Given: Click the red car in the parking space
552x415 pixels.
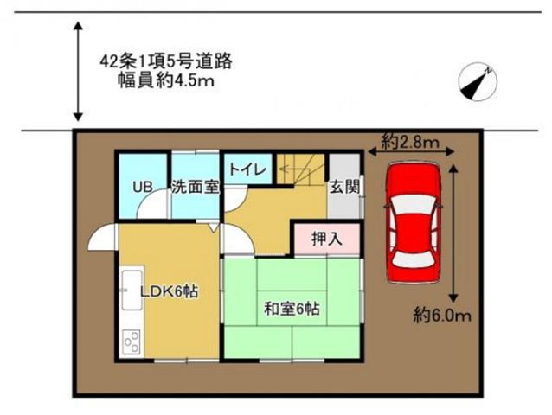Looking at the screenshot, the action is click(414, 223).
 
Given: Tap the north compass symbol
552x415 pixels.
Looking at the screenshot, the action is click(478, 82).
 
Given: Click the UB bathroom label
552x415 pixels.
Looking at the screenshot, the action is click(143, 187).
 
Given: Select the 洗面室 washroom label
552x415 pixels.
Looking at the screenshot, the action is click(196, 187).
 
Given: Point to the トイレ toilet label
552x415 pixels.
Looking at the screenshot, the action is click(247, 170).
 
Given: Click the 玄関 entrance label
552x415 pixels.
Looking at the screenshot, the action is click(344, 187).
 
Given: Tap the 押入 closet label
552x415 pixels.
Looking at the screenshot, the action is click(327, 239).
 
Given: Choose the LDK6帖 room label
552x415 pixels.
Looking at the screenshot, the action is click(170, 291).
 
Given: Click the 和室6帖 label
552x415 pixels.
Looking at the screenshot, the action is click(292, 310).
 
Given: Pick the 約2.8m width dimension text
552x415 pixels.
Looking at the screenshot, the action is click(410, 142).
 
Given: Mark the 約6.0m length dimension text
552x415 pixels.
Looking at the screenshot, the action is click(442, 316).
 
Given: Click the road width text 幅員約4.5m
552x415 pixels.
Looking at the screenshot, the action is click(166, 81).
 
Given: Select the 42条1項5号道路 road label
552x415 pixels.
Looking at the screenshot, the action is click(166, 61).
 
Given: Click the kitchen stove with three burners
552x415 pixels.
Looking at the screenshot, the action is click(132, 342).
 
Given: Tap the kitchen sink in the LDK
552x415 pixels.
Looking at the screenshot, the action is click(132, 290).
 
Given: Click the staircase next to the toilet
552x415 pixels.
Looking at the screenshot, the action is click(301, 169).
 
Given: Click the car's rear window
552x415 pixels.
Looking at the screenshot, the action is click(414, 259).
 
